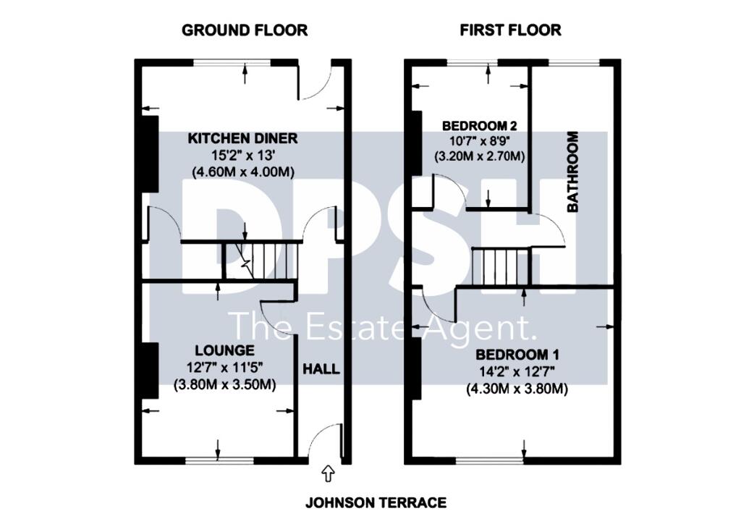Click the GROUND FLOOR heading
pyautogui.click(x=245, y=30)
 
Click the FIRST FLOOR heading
pyautogui.click(x=511, y=30)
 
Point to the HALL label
pyautogui.click(x=321, y=369)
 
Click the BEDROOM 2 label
pyautogui.click(x=478, y=125)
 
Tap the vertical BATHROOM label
pyautogui.click(x=573, y=172)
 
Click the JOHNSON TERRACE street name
pyautogui.click(x=376, y=502)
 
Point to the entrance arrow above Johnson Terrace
pyautogui.click(x=327, y=473)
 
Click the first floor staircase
pyautogui.click(x=501, y=266)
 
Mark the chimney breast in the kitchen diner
pyautogui.click(x=149, y=153)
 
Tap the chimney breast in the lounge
pyautogui.click(x=149, y=370)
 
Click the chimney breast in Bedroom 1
pyautogui.click(x=416, y=370)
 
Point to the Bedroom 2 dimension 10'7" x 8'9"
pyautogui.click(x=478, y=140)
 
